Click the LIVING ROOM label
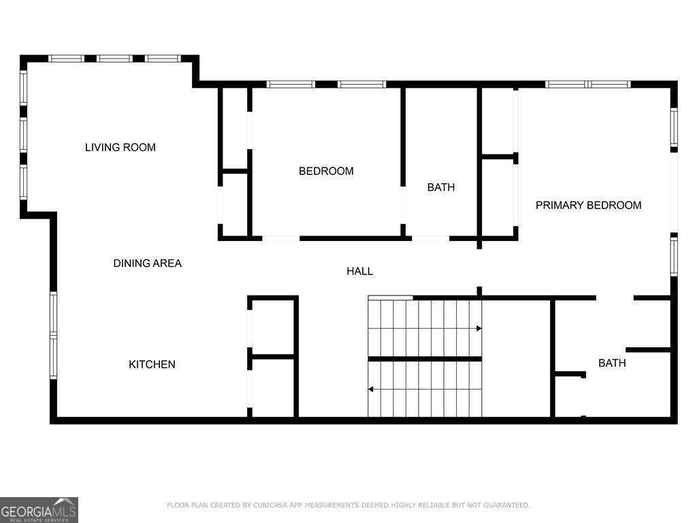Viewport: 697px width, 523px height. click(120, 147)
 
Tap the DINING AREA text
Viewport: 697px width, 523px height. click(147, 264)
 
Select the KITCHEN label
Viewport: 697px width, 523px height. click(152, 365)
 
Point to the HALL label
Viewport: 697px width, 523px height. click(359, 271)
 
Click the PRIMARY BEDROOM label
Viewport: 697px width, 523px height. click(588, 205)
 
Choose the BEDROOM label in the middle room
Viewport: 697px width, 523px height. click(326, 172)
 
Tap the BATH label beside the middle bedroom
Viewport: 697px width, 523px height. click(440, 187)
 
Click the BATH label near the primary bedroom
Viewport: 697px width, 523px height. click(612, 364)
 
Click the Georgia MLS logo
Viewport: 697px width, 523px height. click(39, 509)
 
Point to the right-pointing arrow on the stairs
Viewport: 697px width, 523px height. click(479, 328)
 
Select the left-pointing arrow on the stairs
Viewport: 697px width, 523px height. click(371, 390)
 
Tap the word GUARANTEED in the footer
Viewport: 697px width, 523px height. click(507, 505)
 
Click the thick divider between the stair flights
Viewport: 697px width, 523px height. click(425, 359)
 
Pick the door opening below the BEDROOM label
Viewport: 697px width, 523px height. click(280, 238)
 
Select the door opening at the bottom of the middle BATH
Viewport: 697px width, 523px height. click(430, 238)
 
